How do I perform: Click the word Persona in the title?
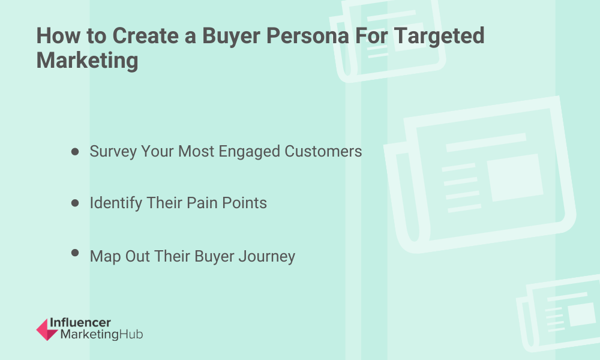307,36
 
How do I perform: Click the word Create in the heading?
145,36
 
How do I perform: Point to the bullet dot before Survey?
75,152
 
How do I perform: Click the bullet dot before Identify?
75,203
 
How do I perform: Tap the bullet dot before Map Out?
75,253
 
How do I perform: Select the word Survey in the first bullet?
113,152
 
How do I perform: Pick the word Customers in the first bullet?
323,151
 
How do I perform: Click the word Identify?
116,203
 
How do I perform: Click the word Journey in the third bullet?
267,257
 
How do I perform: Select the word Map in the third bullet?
105,257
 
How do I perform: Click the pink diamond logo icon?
47,329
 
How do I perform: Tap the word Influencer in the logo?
80,323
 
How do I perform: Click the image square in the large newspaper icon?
515,178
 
